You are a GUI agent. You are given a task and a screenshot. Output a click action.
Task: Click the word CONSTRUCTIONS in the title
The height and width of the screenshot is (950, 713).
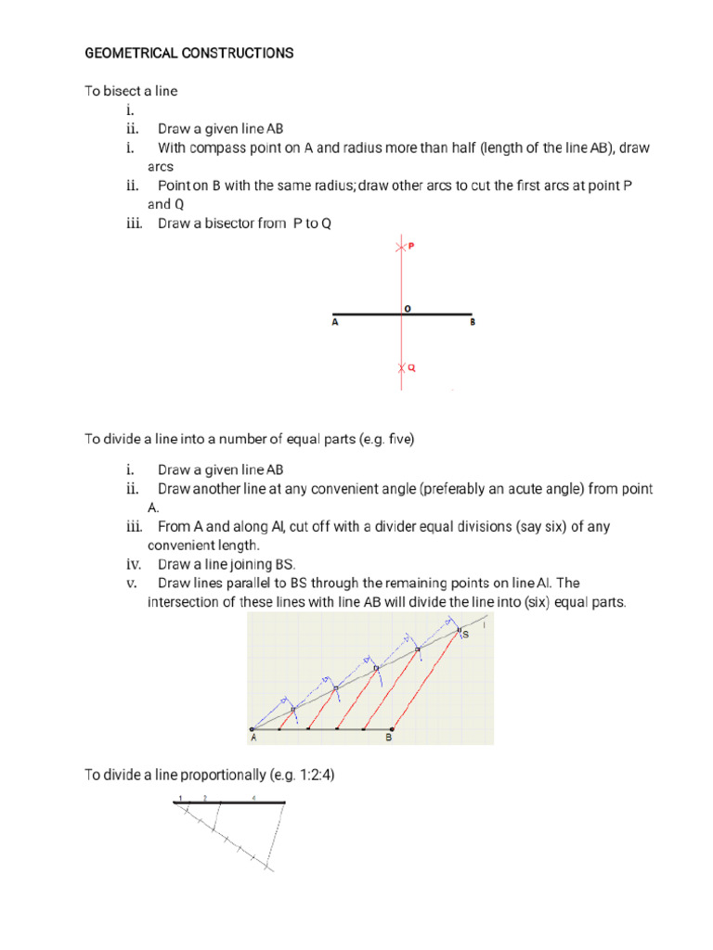(234, 54)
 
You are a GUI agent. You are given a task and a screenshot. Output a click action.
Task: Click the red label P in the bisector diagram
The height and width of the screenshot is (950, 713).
(410, 248)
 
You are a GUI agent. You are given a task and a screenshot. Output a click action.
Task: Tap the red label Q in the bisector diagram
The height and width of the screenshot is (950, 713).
(411, 367)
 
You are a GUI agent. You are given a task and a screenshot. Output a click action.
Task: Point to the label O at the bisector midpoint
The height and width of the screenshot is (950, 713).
(407, 306)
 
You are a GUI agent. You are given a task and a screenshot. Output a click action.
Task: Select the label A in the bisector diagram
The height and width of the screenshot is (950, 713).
(334, 324)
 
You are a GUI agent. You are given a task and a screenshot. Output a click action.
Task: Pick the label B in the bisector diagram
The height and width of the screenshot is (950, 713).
(472, 324)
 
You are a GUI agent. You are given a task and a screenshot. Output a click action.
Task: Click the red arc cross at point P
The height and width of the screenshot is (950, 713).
(401, 248)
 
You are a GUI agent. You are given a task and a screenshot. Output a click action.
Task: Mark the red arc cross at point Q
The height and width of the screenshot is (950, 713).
(401, 368)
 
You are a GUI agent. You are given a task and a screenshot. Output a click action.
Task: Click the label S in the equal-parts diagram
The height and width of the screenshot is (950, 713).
(465, 635)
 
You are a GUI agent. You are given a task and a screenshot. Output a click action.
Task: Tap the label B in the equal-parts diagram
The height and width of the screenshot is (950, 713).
(389, 738)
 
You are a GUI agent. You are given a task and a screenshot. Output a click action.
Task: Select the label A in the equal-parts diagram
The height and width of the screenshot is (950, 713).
(253, 738)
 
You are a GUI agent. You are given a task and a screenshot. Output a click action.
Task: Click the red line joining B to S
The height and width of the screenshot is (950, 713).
(425, 682)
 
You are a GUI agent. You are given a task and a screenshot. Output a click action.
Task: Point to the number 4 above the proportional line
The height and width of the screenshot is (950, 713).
(253, 797)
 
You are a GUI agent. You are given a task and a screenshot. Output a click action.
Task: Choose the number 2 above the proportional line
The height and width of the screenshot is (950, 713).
(204, 797)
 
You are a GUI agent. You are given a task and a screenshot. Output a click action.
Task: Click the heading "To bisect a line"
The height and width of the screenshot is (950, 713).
(131, 91)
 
